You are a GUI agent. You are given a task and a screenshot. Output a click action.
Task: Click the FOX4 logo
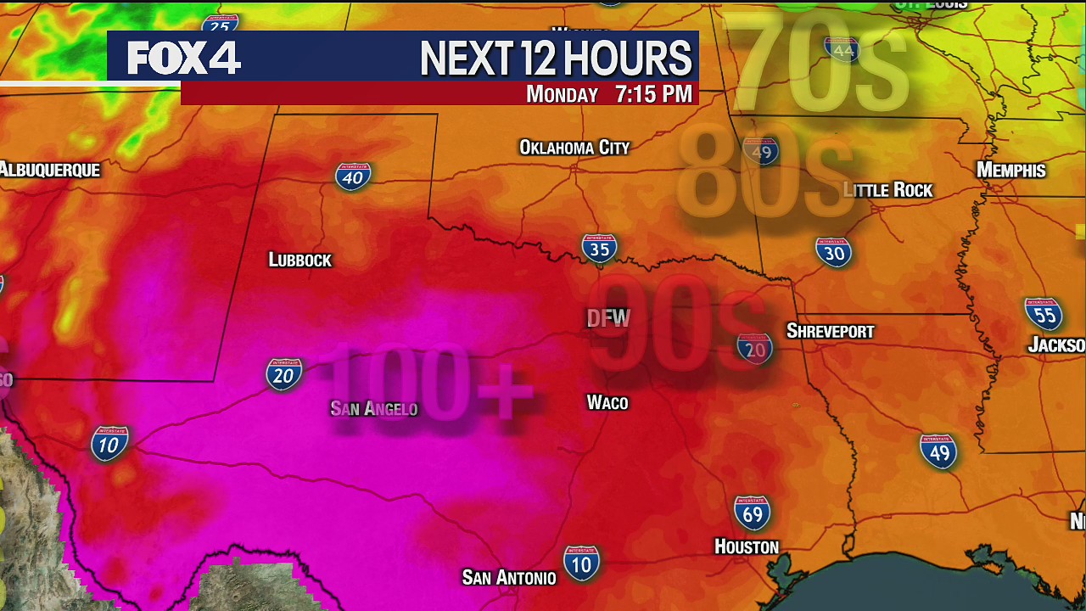click(184, 58)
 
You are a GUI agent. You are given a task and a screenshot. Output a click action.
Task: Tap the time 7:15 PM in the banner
click(653, 94)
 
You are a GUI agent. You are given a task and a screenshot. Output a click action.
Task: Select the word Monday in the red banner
click(562, 94)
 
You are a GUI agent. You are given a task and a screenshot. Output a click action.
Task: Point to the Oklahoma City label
click(574, 148)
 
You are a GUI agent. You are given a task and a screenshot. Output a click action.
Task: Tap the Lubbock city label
click(299, 260)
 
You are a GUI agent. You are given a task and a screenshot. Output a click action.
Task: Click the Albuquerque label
click(50, 170)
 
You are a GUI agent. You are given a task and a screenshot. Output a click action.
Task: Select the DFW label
click(608, 318)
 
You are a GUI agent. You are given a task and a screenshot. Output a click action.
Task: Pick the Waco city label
click(607, 402)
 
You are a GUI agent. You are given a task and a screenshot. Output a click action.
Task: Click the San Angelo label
click(374, 409)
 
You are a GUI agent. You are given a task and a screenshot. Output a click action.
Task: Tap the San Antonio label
click(509, 578)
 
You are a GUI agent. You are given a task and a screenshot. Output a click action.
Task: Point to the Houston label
click(747, 547)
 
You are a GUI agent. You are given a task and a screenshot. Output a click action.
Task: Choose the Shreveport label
click(830, 331)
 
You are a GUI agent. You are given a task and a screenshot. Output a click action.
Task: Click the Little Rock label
click(888, 190)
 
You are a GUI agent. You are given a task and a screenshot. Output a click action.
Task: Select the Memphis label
click(1010, 170)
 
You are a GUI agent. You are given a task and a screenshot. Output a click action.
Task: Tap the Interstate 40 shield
click(353, 176)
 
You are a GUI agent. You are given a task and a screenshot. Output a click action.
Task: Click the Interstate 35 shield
click(599, 249)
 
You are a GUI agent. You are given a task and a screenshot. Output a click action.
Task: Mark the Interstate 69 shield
click(752, 513)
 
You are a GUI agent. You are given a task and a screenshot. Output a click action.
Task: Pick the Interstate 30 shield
click(833, 252)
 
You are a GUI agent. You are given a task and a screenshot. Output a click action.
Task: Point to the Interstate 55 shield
click(1043, 315)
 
